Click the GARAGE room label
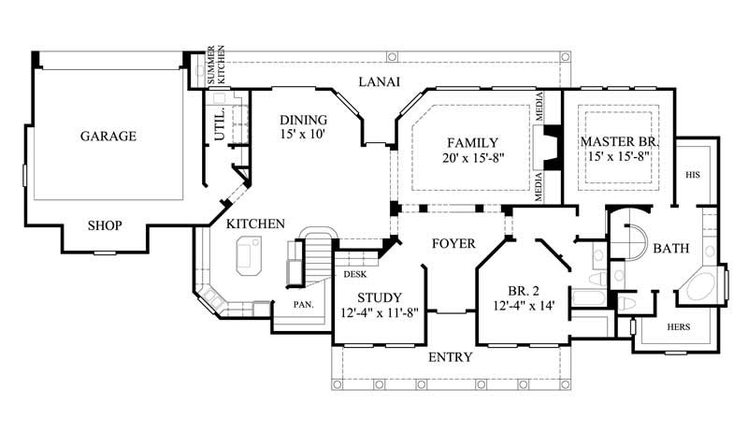coord(108,136)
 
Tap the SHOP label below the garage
coord(106,225)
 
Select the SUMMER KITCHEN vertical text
coord(216,65)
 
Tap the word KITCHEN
coord(255,223)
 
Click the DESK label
coord(354,275)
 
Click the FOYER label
coord(453,244)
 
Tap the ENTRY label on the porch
coord(450,357)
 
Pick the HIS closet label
coord(693,174)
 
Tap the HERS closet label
coord(679,328)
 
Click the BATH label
coord(671,249)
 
